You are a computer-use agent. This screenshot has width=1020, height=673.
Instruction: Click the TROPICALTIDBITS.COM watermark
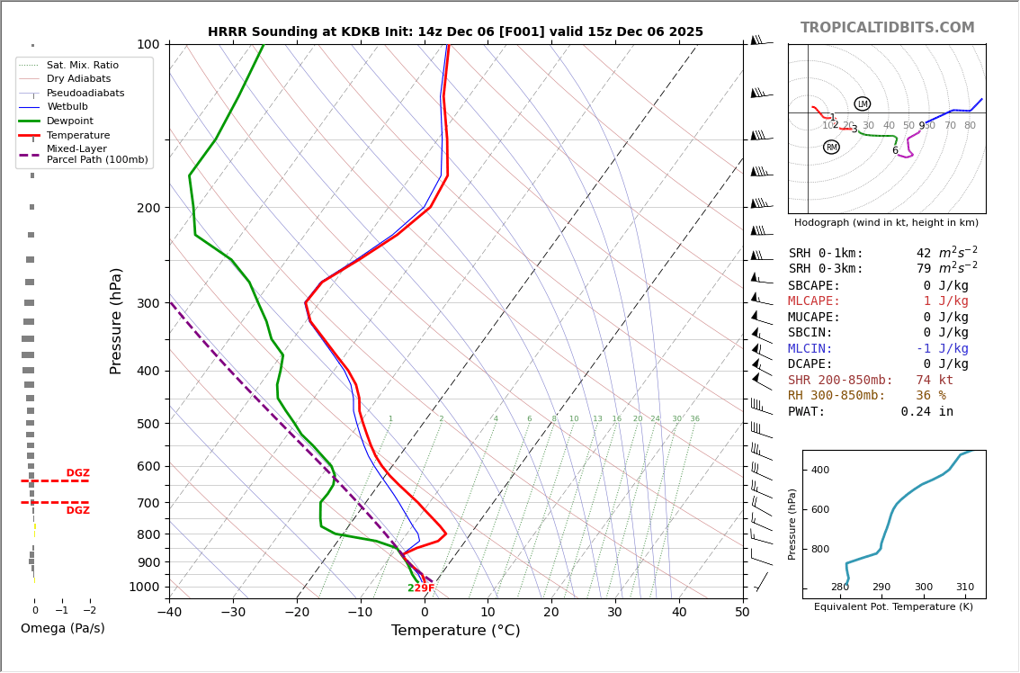(x=887, y=28)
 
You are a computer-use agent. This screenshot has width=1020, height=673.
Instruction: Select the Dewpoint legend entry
(x=69, y=121)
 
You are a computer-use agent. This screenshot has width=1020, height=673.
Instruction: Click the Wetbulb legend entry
(x=67, y=107)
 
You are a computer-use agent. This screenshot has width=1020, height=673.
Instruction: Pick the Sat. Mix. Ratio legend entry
(x=82, y=66)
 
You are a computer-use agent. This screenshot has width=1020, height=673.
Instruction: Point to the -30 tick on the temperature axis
(x=233, y=613)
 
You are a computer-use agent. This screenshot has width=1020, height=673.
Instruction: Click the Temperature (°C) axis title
(x=455, y=631)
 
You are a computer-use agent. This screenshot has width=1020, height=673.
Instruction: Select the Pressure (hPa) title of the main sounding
(x=116, y=320)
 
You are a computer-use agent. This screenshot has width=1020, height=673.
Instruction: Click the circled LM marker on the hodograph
(x=862, y=104)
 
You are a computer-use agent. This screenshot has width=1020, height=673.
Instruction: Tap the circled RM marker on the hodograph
(x=831, y=147)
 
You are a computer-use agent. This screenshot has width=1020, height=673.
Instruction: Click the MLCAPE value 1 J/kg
(x=945, y=301)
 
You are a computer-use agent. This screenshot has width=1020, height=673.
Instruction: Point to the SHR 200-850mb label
(x=840, y=381)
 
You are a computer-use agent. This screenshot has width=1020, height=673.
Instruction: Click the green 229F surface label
(x=421, y=588)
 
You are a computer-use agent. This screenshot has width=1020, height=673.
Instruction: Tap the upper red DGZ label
(x=77, y=473)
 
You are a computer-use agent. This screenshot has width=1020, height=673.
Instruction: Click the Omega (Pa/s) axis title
(x=62, y=629)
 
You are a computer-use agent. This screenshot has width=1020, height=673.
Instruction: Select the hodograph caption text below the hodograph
(x=886, y=223)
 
